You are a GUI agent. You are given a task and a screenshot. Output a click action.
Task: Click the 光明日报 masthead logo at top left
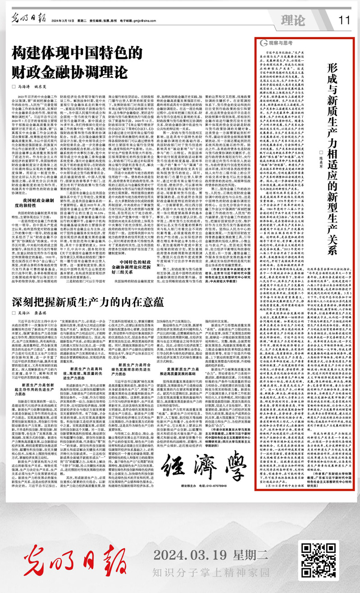pos(26,20)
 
